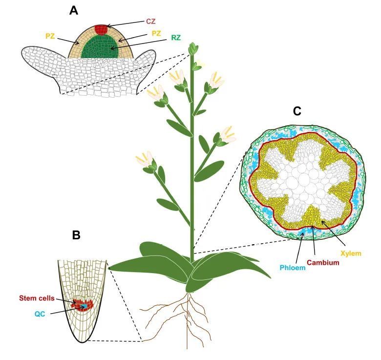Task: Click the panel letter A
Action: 74,11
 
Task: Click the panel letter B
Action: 76,235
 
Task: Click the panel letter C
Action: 297,111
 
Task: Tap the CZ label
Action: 150,21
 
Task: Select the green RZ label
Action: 176,38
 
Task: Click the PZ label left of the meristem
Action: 50,36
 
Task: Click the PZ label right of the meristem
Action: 156,33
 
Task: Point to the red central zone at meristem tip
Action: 101,29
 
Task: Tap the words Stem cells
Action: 37,298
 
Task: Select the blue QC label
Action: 40,314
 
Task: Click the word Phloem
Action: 293,268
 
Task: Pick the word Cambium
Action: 323,262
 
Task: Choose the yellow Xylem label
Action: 351,254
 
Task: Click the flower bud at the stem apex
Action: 193,48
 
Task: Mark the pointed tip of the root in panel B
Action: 83,342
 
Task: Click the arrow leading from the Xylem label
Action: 333,232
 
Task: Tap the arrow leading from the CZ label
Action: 125,24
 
